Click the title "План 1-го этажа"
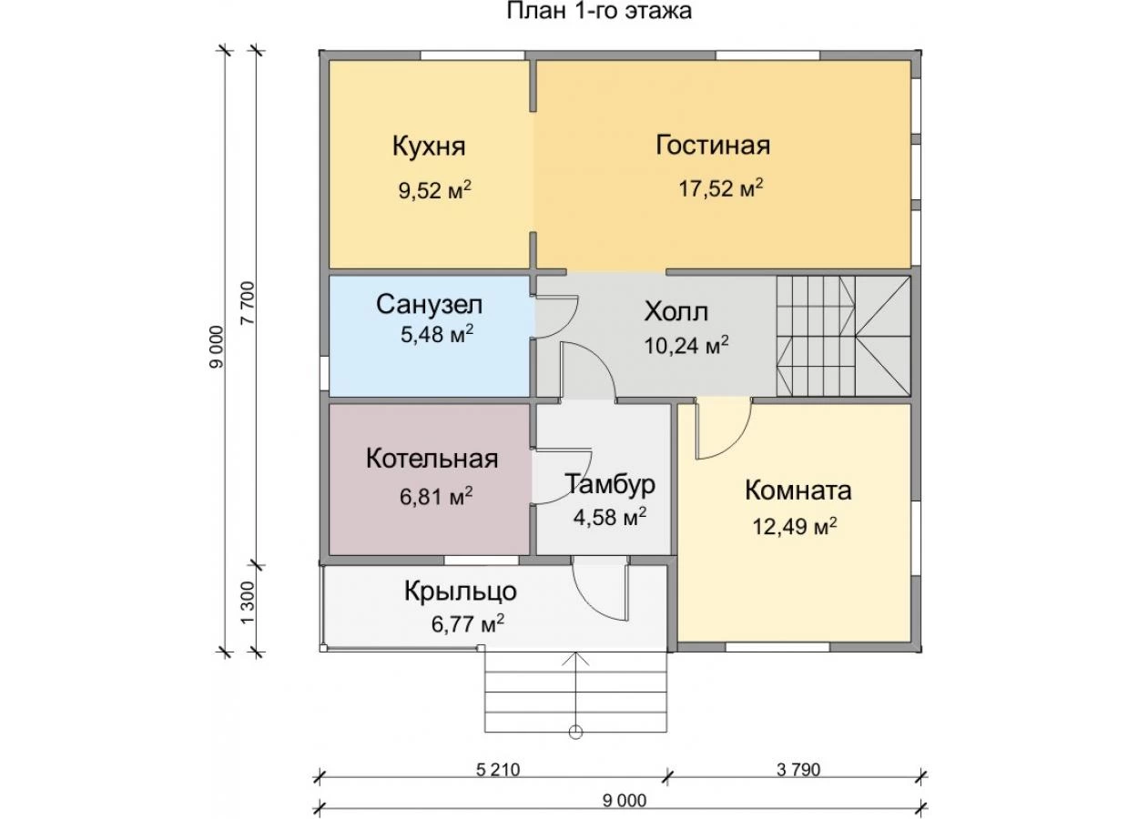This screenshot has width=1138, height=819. coord(599,11)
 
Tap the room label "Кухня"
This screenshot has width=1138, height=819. coord(429,147)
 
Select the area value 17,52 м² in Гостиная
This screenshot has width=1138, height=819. coord(721,187)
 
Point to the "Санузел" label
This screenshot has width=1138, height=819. coord(430,305)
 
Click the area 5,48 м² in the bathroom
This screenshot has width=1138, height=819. coord(437,334)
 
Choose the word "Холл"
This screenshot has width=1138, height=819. coord(676,312)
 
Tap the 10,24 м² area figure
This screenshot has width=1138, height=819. coord(686,345)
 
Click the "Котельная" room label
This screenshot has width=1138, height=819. coord(432,459)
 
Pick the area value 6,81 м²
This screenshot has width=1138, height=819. coord(436,496)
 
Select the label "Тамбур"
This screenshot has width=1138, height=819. coord(610,484)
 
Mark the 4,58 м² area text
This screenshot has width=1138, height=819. coord(610,518)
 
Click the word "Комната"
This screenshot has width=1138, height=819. coord(798,490)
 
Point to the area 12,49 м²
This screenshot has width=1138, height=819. coord(795,527)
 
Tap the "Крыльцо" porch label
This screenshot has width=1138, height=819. coord(461,592)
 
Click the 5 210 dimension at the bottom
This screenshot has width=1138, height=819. coord(498,770)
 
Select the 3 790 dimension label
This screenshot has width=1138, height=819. coord(798,770)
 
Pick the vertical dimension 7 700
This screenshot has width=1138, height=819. coord(248,303)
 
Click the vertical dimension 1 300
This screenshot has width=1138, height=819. coord(248,603)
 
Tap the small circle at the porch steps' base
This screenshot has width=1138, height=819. coord(575,733)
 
